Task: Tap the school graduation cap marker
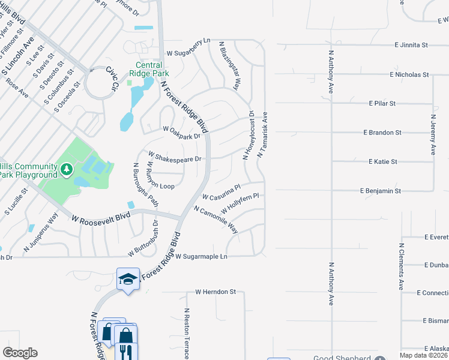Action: [128, 278]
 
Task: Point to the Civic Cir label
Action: [111, 79]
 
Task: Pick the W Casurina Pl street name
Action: [221, 193]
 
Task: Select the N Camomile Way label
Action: [215, 220]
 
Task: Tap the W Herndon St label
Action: [215, 292]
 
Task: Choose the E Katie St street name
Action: [382, 162]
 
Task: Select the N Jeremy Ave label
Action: [433, 135]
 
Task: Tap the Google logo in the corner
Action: [20, 353]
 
